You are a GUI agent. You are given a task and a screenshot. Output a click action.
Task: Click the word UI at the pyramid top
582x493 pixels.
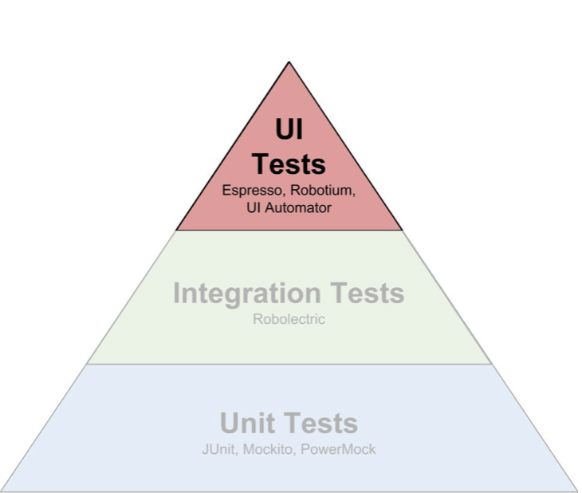click(x=289, y=128)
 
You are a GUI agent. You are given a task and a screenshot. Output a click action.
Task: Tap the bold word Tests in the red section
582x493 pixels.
click(x=289, y=164)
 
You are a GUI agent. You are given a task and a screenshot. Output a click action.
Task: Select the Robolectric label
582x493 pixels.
click(x=289, y=319)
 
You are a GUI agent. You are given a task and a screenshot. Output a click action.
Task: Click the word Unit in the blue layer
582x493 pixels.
click(x=248, y=423)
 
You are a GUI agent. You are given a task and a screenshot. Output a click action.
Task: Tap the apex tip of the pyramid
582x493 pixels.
click(x=289, y=61)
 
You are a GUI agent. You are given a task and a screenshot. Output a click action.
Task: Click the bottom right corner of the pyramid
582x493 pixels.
click(x=576, y=491)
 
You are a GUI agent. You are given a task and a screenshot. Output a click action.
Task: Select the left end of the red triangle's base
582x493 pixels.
click(x=176, y=230)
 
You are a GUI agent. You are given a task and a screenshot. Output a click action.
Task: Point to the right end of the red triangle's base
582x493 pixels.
click(x=403, y=230)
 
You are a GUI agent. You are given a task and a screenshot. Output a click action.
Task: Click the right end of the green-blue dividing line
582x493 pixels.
click(x=492, y=365)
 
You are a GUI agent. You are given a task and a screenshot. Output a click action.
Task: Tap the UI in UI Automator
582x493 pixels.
click(x=254, y=208)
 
